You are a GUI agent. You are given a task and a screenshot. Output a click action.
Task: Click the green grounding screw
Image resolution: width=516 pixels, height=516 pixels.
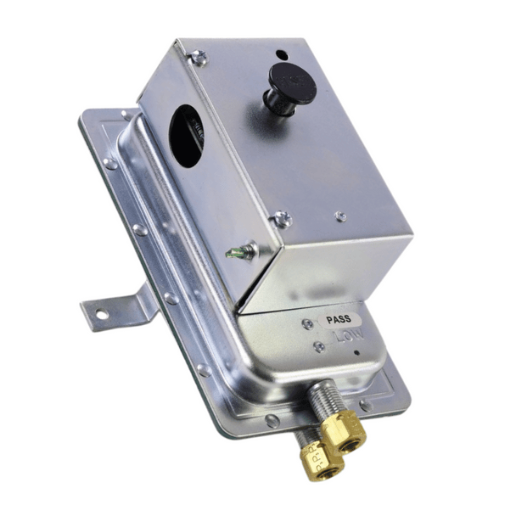(x=240, y=250)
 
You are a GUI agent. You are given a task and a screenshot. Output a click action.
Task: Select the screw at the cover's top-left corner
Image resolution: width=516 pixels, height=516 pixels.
(x=199, y=58)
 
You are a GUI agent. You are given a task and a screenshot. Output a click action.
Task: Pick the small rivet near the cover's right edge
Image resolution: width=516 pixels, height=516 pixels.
(x=340, y=216)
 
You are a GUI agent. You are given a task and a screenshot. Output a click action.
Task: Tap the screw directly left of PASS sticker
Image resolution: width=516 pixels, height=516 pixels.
(x=307, y=323)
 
